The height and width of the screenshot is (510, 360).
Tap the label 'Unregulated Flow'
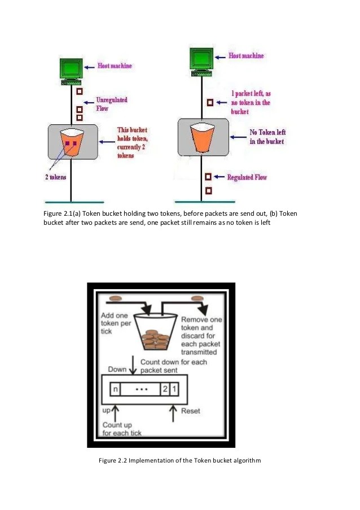[x=111, y=104]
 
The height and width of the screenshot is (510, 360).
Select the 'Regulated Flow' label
[x=247, y=177]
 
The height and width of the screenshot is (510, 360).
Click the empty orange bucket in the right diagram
[x=202, y=137]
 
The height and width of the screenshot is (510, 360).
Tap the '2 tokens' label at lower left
[x=55, y=177]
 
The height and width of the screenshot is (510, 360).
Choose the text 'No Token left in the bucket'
[x=266, y=137]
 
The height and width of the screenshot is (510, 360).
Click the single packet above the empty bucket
[x=210, y=103]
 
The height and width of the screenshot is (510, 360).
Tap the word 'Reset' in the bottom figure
[x=190, y=411]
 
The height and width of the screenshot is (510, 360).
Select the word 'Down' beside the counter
[x=117, y=369]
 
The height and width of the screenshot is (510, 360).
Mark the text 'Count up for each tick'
[x=122, y=429]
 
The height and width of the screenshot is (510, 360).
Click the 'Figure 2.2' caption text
[x=179, y=461]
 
